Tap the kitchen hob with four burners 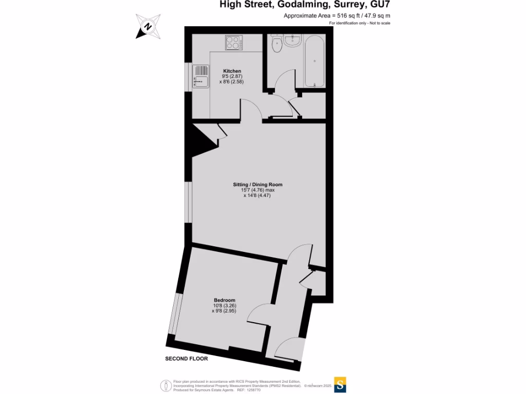(x=234, y=42)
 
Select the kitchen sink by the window (x=201, y=81)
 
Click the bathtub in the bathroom (x=314, y=61)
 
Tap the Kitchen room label (x=232, y=71)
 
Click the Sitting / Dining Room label (x=257, y=184)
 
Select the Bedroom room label (x=224, y=300)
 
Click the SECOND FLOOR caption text (x=186, y=359)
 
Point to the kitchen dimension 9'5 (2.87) (x=232, y=76)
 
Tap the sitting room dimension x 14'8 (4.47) (x=257, y=195)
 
